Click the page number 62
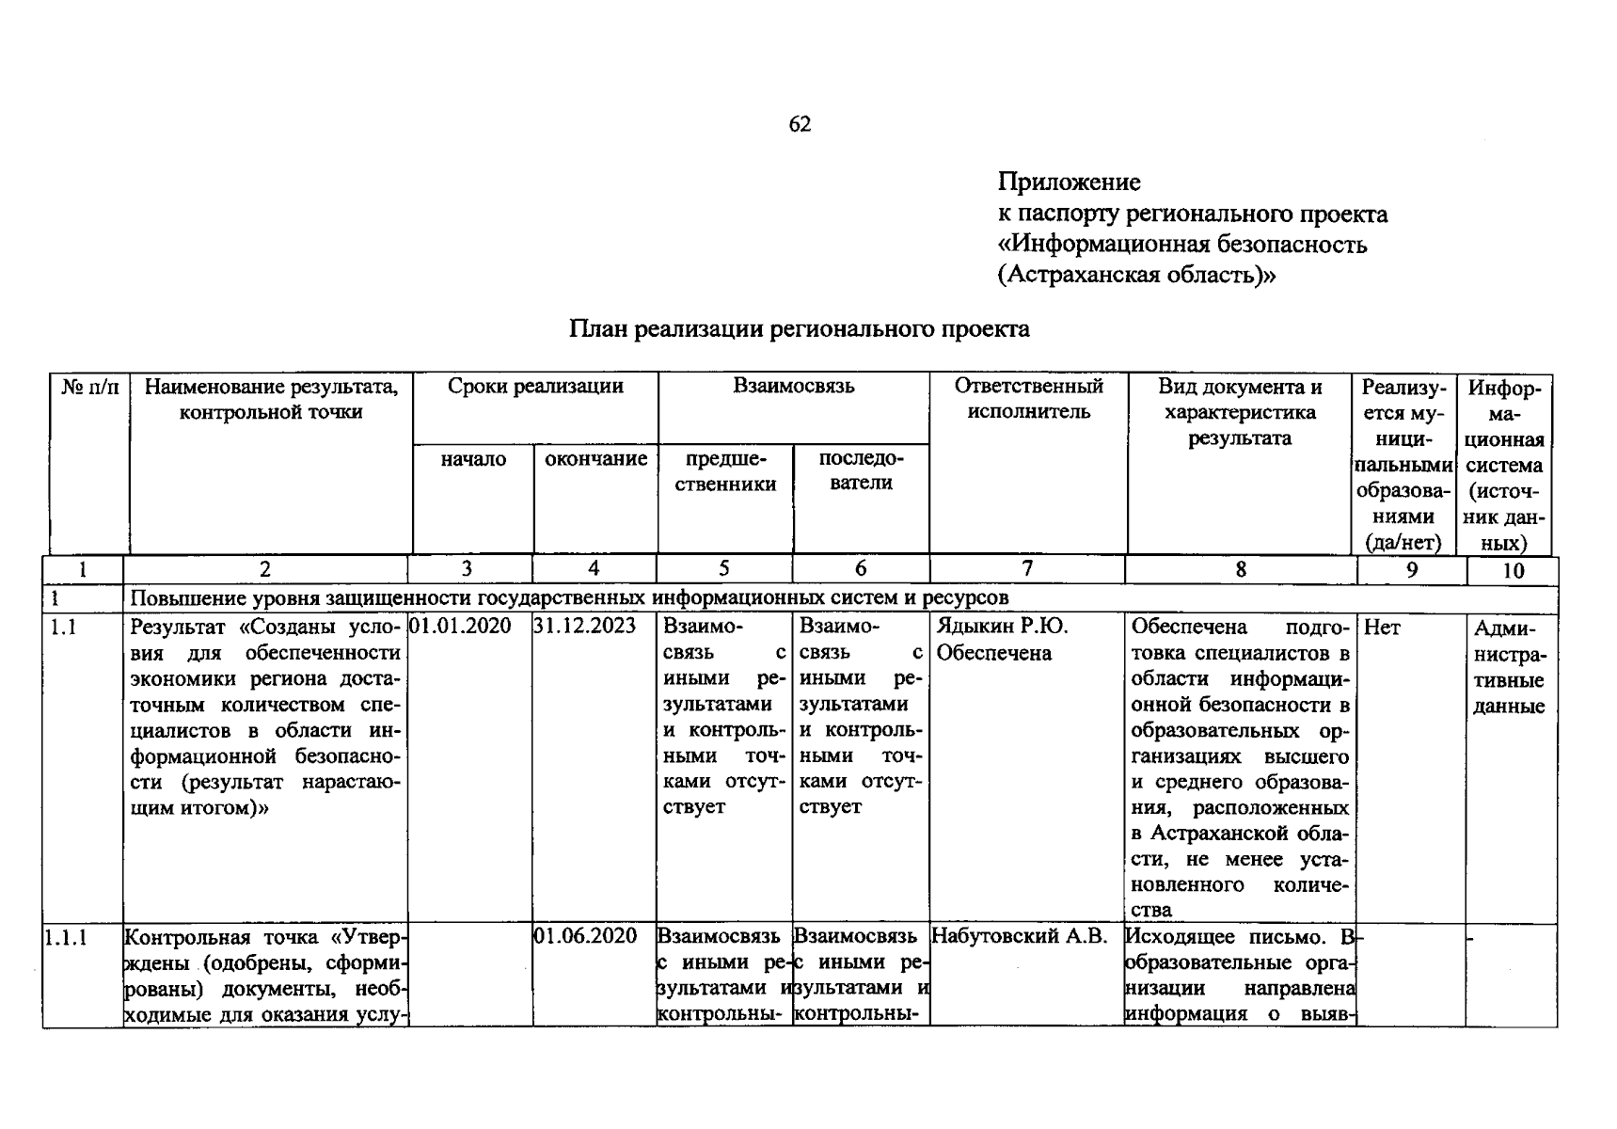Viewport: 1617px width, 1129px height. click(800, 124)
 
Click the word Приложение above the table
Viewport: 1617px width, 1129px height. click(1070, 182)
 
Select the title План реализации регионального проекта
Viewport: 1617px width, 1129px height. click(799, 329)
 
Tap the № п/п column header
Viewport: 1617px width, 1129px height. click(90, 387)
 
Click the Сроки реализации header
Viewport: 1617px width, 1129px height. click(535, 387)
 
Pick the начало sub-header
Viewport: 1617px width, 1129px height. click(473, 459)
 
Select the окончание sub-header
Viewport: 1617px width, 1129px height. click(596, 459)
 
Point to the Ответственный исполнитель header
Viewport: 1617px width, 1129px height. click(1028, 399)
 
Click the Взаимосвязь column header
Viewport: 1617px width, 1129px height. click(794, 387)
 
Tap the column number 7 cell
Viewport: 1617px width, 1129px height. click(1027, 568)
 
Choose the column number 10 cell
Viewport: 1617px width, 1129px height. click(1513, 570)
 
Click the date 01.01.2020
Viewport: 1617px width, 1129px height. click(461, 627)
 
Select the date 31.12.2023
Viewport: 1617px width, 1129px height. click(584, 627)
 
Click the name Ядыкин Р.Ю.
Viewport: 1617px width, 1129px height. click(1003, 627)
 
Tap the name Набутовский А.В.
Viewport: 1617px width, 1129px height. click(1020, 936)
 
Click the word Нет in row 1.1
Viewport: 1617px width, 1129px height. click(1382, 628)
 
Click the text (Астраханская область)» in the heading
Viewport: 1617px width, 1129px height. click(1137, 276)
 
